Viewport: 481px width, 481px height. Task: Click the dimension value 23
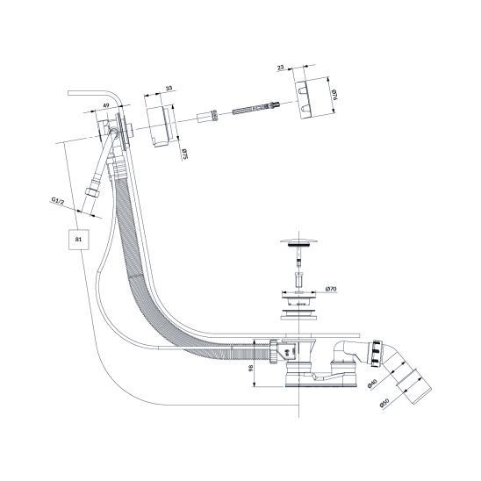[x=280, y=68]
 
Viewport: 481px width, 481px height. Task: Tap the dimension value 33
[x=169, y=89]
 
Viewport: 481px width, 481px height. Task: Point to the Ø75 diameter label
[x=184, y=154]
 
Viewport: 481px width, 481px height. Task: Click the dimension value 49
[x=106, y=105]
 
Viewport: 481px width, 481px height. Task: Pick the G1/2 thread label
[x=58, y=200]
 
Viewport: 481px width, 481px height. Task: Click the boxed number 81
[x=78, y=240]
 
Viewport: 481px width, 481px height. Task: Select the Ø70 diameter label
[x=331, y=289]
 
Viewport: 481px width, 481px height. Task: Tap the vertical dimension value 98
[x=251, y=368]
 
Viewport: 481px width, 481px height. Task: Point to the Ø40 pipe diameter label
[x=372, y=384]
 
